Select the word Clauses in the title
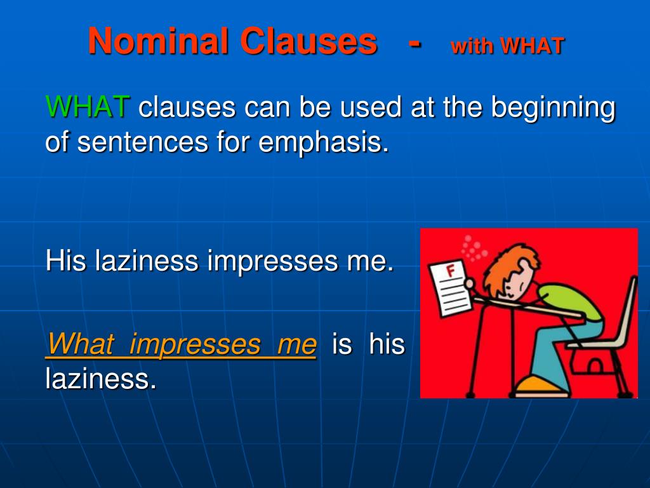tap(308, 42)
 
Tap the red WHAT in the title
tap(531, 46)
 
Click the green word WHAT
tap(88, 107)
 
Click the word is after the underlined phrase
tap(342, 344)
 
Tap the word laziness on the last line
tap(100, 379)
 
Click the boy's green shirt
tap(574, 299)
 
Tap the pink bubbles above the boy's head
tap(472, 248)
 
